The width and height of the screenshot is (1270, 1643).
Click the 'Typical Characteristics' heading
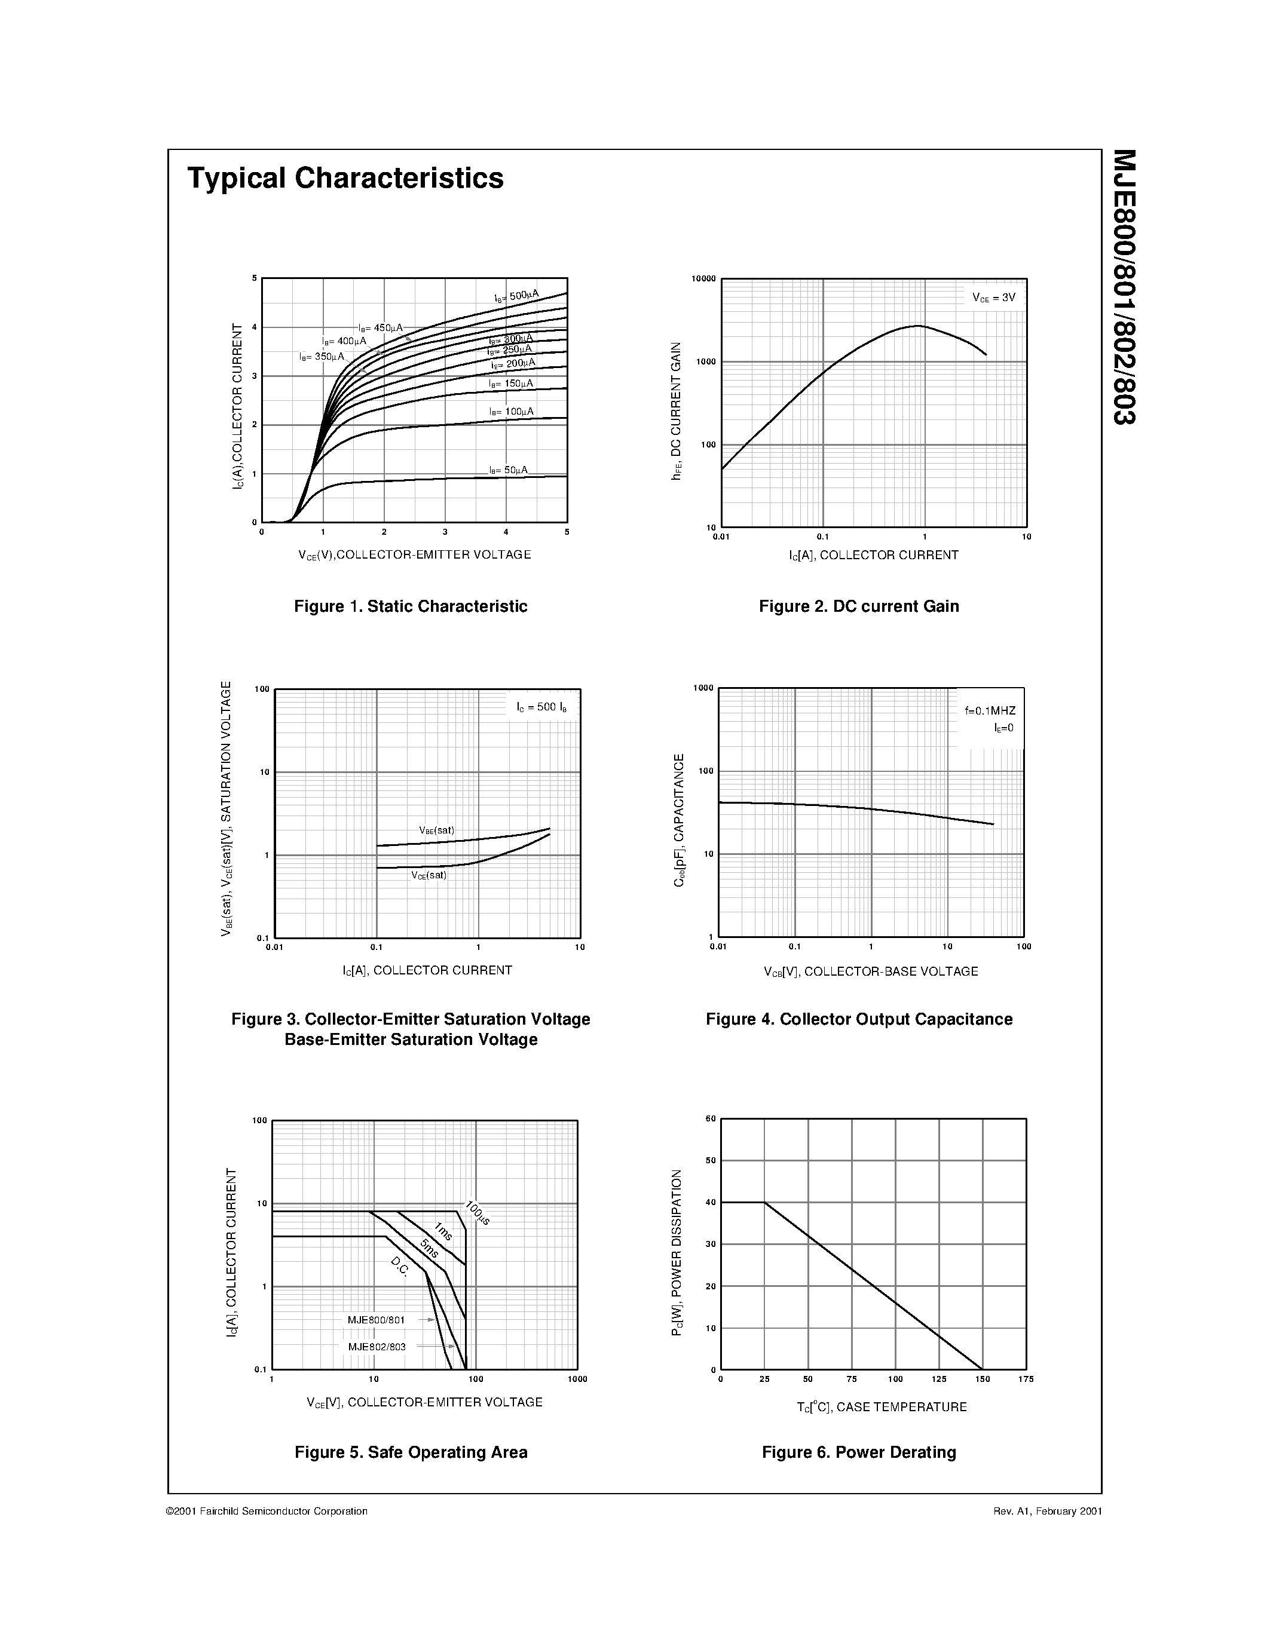point(345,178)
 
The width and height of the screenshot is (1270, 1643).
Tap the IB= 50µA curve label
point(509,470)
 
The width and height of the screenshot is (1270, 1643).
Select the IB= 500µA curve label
point(516,296)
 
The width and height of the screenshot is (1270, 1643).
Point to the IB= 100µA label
point(511,412)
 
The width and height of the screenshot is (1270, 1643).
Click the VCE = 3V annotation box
point(993,298)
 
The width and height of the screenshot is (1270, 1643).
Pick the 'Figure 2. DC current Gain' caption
point(858,606)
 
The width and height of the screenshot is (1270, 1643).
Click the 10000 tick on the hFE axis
point(703,279)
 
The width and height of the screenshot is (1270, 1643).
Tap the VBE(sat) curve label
point(436,830)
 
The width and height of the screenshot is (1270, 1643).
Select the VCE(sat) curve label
point(429,875)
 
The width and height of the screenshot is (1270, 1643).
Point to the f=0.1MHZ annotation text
point(990,711)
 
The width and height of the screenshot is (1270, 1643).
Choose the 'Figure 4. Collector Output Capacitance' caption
point(858,1019)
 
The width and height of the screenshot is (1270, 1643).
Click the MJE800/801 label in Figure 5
point(376,1320)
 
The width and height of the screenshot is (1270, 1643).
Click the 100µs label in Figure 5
point(478,1213)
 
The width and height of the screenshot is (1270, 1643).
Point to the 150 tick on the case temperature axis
point(983,1379)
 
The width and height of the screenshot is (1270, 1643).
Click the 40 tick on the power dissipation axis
point(710,1203)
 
